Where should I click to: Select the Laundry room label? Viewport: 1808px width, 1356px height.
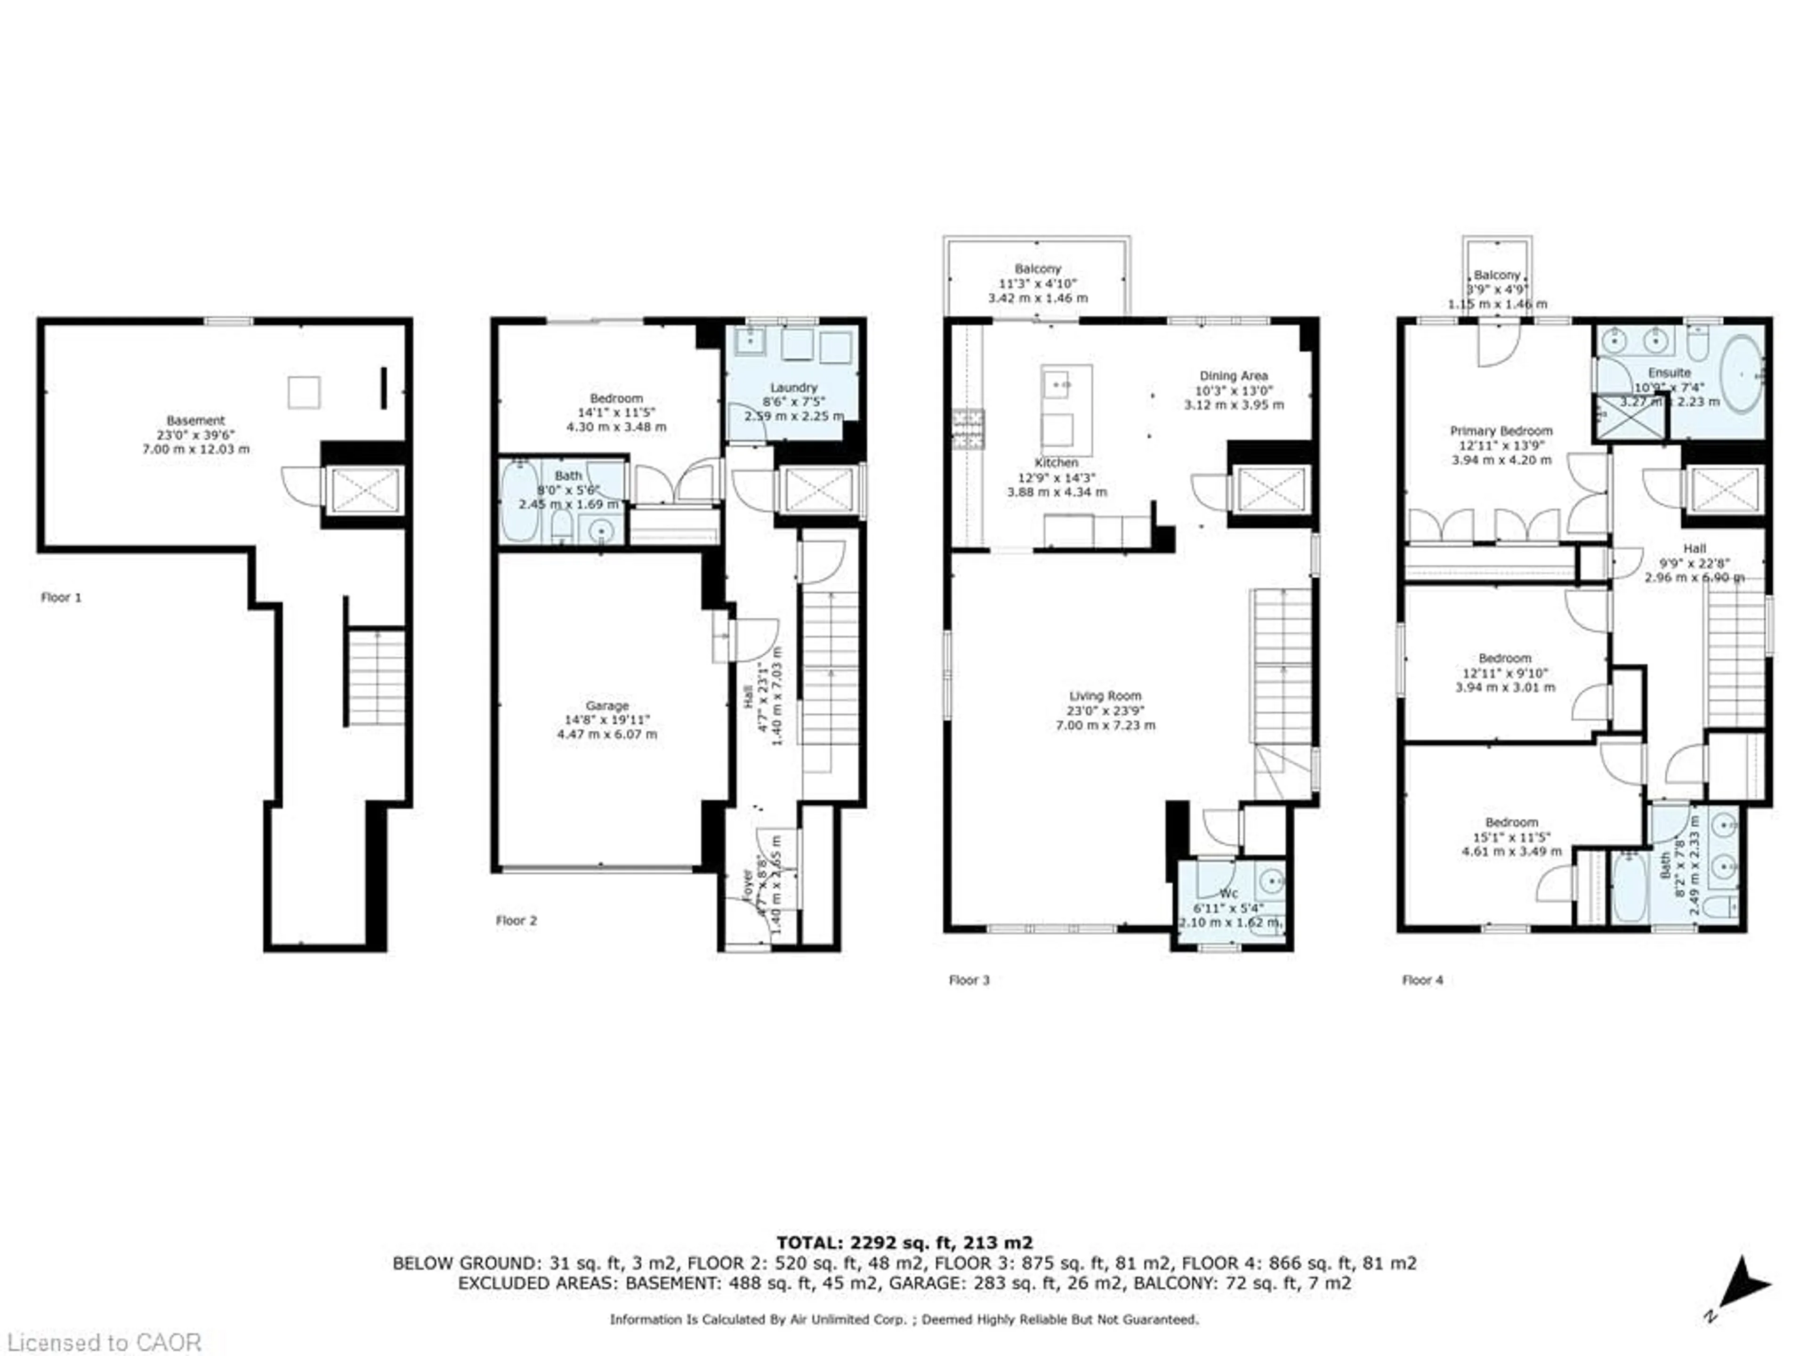793,387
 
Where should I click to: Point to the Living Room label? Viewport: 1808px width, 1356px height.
1105,695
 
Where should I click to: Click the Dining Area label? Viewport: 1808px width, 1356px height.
1234,376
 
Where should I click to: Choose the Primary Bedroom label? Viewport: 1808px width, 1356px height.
1501,431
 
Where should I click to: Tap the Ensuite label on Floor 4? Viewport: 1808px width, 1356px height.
1669,373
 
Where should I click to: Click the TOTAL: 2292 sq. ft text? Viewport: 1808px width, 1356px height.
904,1243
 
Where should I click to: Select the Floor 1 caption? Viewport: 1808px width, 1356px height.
61,597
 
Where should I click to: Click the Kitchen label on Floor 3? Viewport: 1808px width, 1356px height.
1056,463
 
